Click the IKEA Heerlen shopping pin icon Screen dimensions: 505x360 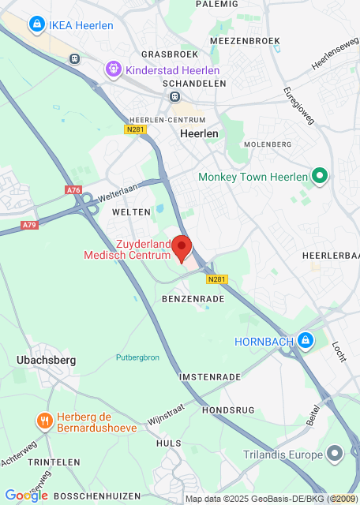coord(36,25)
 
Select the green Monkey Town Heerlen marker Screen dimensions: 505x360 coord(320,176)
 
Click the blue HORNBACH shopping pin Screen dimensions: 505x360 coord(306,341)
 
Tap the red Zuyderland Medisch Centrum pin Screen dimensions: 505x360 coord(182,248)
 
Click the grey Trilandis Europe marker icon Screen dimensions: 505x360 coord(336,454)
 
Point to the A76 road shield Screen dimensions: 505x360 coord(73,190)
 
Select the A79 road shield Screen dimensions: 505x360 coord(30,225)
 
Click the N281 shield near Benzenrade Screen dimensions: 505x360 coord(217,279)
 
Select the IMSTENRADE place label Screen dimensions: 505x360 coord(210,377)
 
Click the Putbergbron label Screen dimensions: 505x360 coord(138,357)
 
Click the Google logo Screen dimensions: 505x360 coord(26,495)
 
